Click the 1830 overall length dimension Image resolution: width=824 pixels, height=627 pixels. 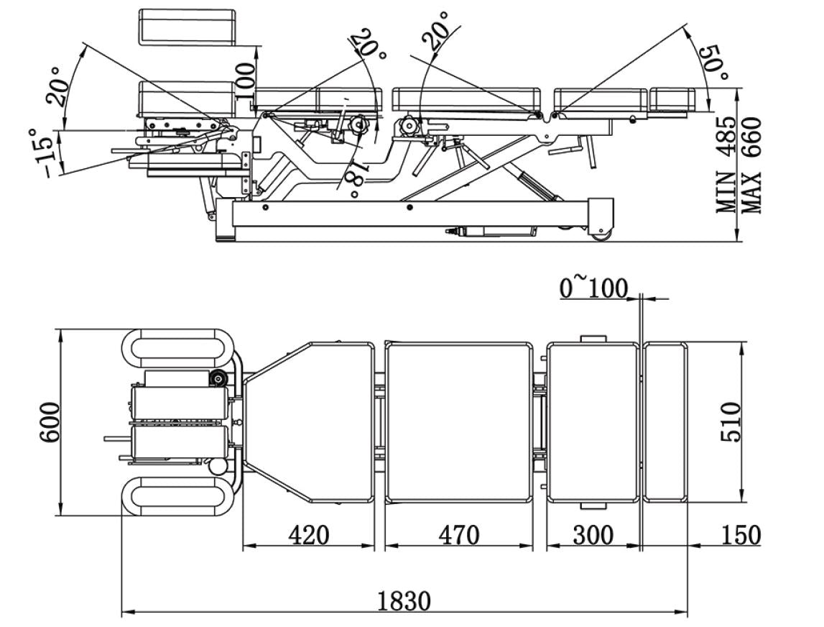(405, 600)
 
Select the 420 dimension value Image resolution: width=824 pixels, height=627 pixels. (308, 535)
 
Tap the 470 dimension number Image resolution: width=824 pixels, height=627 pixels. (458, 535)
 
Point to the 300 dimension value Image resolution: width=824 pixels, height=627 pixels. (593, 535)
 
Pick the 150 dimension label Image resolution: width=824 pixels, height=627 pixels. (739, 535)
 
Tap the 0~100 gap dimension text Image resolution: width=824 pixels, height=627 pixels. (593, 288)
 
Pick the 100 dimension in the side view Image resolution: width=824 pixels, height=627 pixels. (245, 80)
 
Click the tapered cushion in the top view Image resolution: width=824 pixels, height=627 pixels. (316, 423)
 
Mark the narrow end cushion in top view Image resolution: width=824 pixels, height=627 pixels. (665, 423)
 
